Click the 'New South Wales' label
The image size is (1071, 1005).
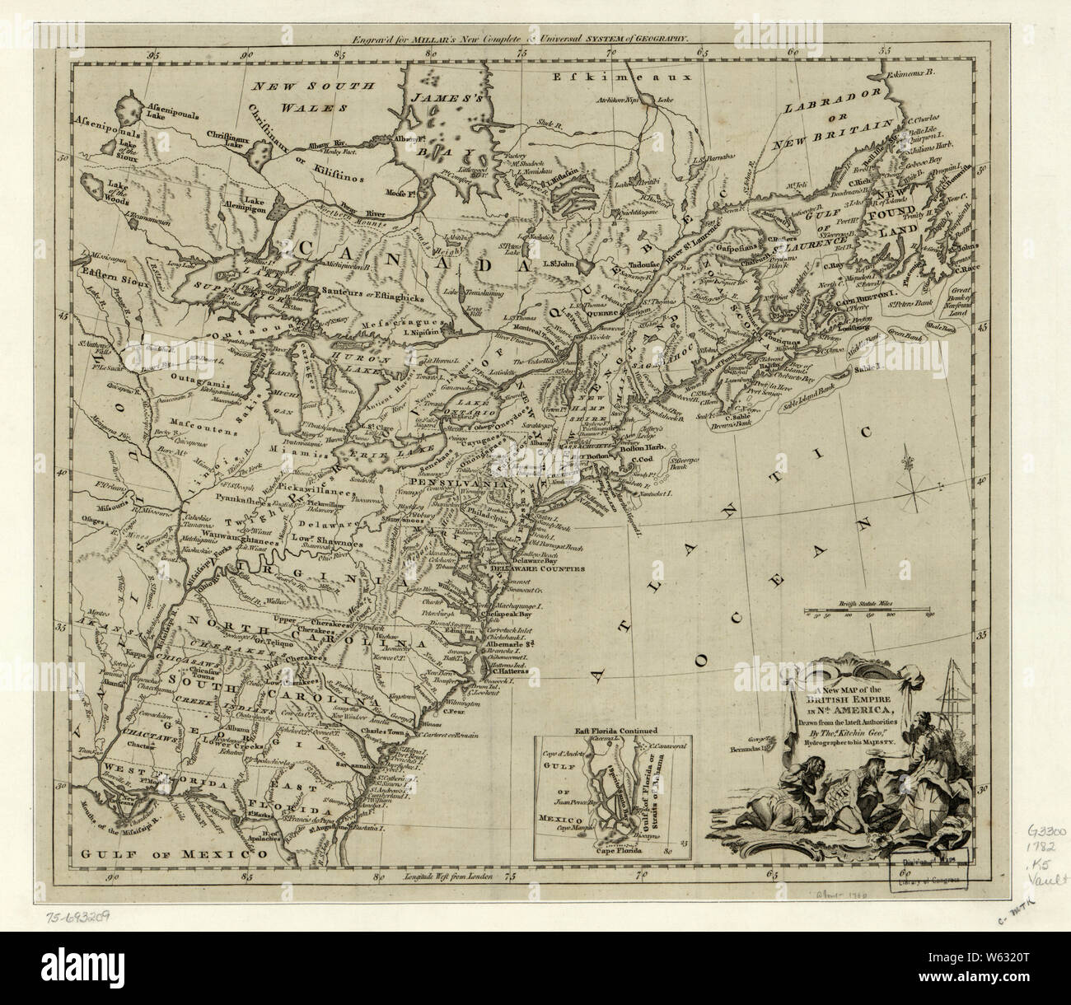click(314, 96)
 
